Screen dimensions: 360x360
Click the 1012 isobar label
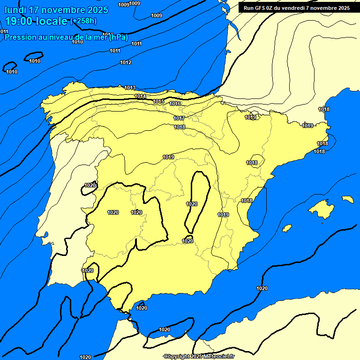pos(126,62)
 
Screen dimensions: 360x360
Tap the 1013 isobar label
pos(130,88)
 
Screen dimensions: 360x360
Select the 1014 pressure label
pos(140,96)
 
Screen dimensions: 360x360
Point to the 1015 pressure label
pos(158,101)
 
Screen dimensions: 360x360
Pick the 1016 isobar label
pos(175,104)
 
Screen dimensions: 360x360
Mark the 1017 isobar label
pos(179,118)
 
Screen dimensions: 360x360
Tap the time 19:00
pos(19,21)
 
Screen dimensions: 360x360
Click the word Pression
pos(20,37)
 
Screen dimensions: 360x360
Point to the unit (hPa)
pos(118,37)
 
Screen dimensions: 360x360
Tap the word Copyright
pos(177,357)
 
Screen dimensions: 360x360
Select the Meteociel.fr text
pos(219,357)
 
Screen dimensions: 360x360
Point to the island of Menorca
pos(347,199)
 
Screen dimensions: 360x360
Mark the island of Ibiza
pos(286,228)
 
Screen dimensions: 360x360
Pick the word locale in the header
pos(51,21)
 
